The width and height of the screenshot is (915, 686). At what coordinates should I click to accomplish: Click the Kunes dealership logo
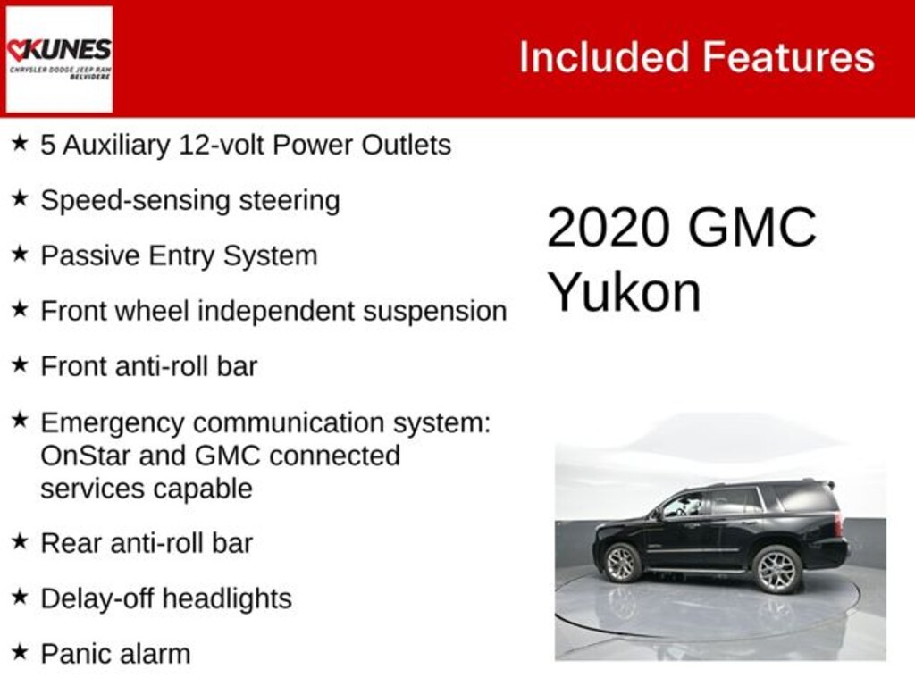[59, 59]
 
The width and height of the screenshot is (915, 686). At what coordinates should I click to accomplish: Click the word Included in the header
[603, 58]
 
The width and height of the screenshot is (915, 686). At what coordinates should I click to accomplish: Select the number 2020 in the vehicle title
[608, 228]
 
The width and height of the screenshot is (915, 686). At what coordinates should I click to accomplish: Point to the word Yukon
[624, 291]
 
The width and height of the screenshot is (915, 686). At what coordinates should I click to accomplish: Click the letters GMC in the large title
[751, 228]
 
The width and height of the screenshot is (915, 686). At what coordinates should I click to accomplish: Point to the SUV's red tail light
[839, 523]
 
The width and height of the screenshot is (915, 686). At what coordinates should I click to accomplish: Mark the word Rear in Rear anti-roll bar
[69, 542]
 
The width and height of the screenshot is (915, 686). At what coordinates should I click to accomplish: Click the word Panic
[72, 653]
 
